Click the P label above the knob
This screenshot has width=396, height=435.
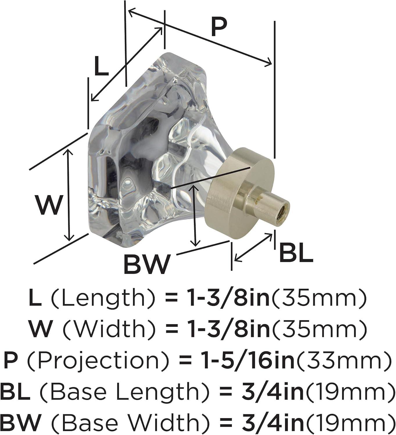[218, 28]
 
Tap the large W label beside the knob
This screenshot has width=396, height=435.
[49, 204]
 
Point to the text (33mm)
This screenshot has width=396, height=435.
[343, 360]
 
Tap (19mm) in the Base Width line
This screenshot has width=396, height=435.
[350, 423]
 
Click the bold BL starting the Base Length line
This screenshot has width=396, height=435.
[15, 391]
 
